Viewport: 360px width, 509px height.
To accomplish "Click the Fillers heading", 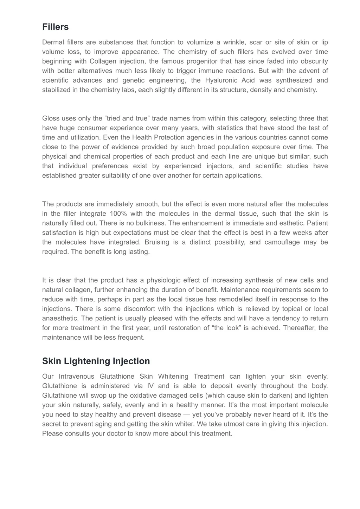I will pos(55,27).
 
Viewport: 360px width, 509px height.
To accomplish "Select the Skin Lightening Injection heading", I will pos(96,361).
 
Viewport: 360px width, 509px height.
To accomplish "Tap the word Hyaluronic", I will pos(230,80).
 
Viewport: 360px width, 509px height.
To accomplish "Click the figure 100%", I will pos(120,214).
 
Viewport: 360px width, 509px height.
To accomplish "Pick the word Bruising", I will pos(157,242).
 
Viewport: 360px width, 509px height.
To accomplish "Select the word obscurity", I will pos(314,61).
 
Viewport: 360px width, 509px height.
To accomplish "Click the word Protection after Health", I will pos(159,137).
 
